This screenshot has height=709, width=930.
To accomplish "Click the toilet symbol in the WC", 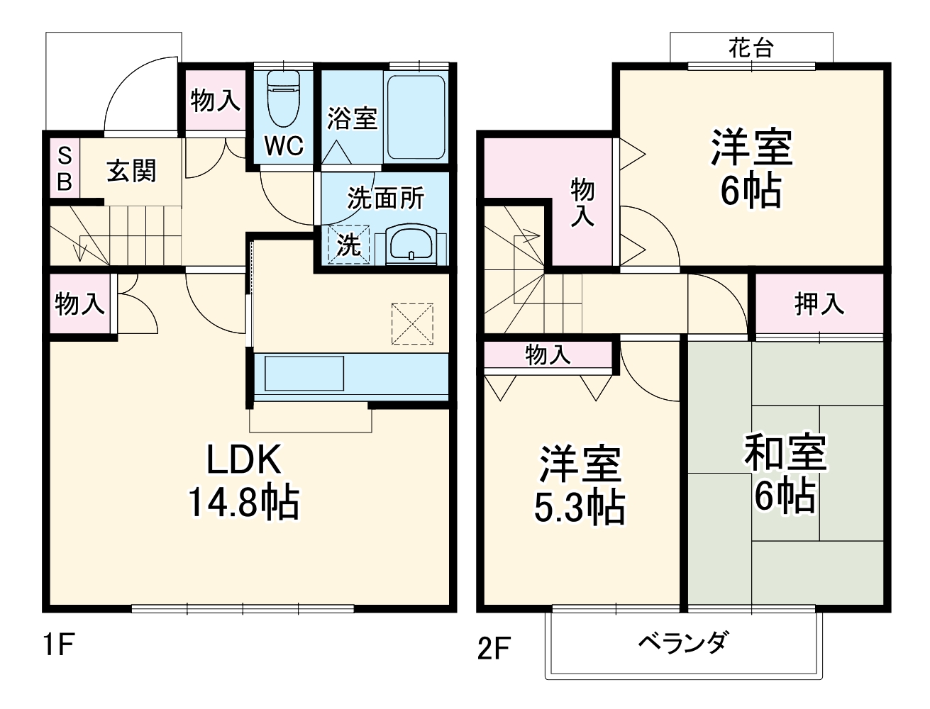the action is click(x=284, y=99).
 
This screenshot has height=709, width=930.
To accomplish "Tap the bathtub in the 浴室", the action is click(x=416, y=117).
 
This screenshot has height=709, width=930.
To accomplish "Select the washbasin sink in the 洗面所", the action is click(x=411, y=244).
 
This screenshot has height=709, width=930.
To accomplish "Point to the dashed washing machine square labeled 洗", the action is click(x=349, y=244).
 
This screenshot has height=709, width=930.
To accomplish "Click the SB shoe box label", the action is click(x=65, y=169).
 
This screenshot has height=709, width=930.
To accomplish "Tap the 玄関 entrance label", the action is click(x=131, y=171).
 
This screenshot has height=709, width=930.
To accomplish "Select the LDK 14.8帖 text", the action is click(x=243, y=481).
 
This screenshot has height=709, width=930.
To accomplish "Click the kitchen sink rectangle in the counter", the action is click(x=304, y=373).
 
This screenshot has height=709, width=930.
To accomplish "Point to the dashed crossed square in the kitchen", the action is click(x=412, y=324).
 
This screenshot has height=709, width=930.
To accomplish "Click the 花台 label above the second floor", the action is click(x=751, y=48).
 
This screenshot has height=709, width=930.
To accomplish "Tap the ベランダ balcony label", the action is click(x=685, y=642).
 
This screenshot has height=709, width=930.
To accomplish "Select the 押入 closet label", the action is click(x=819, y=304).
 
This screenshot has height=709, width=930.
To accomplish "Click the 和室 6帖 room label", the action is click(x=785, y=472).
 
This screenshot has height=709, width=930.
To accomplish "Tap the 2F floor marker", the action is click(x=494, y=648).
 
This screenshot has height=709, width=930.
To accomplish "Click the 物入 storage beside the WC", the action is click(x=215, y=100).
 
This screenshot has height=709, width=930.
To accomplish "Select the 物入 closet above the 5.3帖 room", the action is click(x=548, y=354).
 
